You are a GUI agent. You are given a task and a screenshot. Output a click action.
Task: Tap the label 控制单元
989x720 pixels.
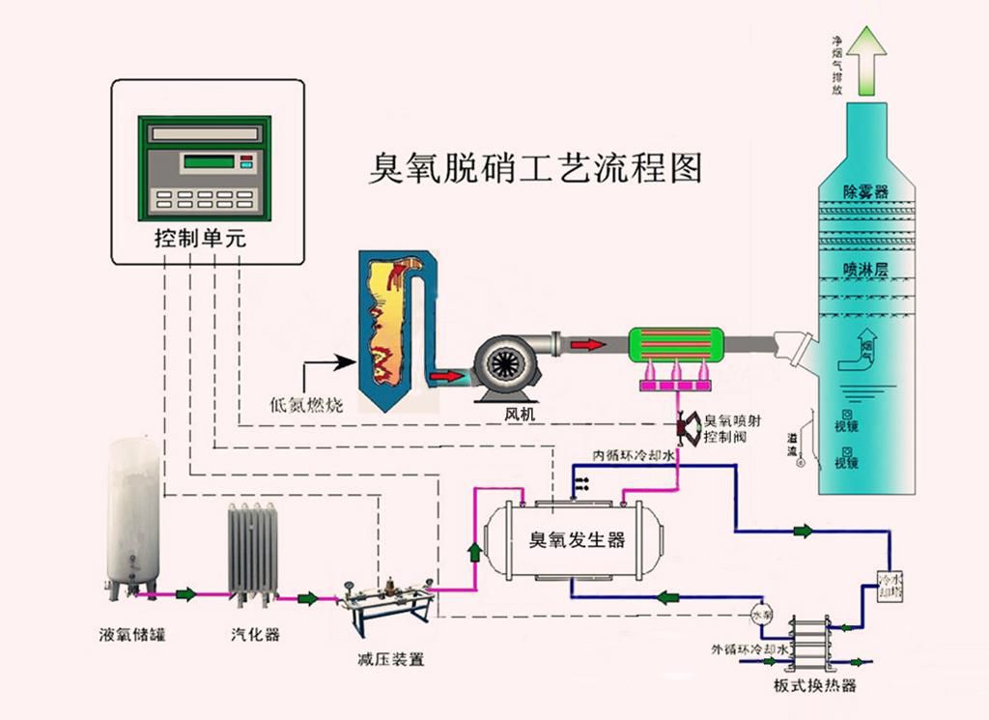coord(201,239)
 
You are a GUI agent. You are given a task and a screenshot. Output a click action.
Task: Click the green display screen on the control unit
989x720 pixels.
coord(209,161)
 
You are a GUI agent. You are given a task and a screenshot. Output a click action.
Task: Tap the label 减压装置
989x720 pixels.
coord(390,660)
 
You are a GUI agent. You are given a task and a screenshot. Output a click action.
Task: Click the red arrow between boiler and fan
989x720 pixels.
coord(445,375)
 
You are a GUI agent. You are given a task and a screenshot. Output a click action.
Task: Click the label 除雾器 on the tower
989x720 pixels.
coord(864,191)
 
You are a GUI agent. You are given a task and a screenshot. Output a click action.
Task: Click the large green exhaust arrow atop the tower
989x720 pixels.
coord(873,60)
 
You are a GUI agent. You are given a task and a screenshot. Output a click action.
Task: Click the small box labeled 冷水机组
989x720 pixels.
coord(889,586)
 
